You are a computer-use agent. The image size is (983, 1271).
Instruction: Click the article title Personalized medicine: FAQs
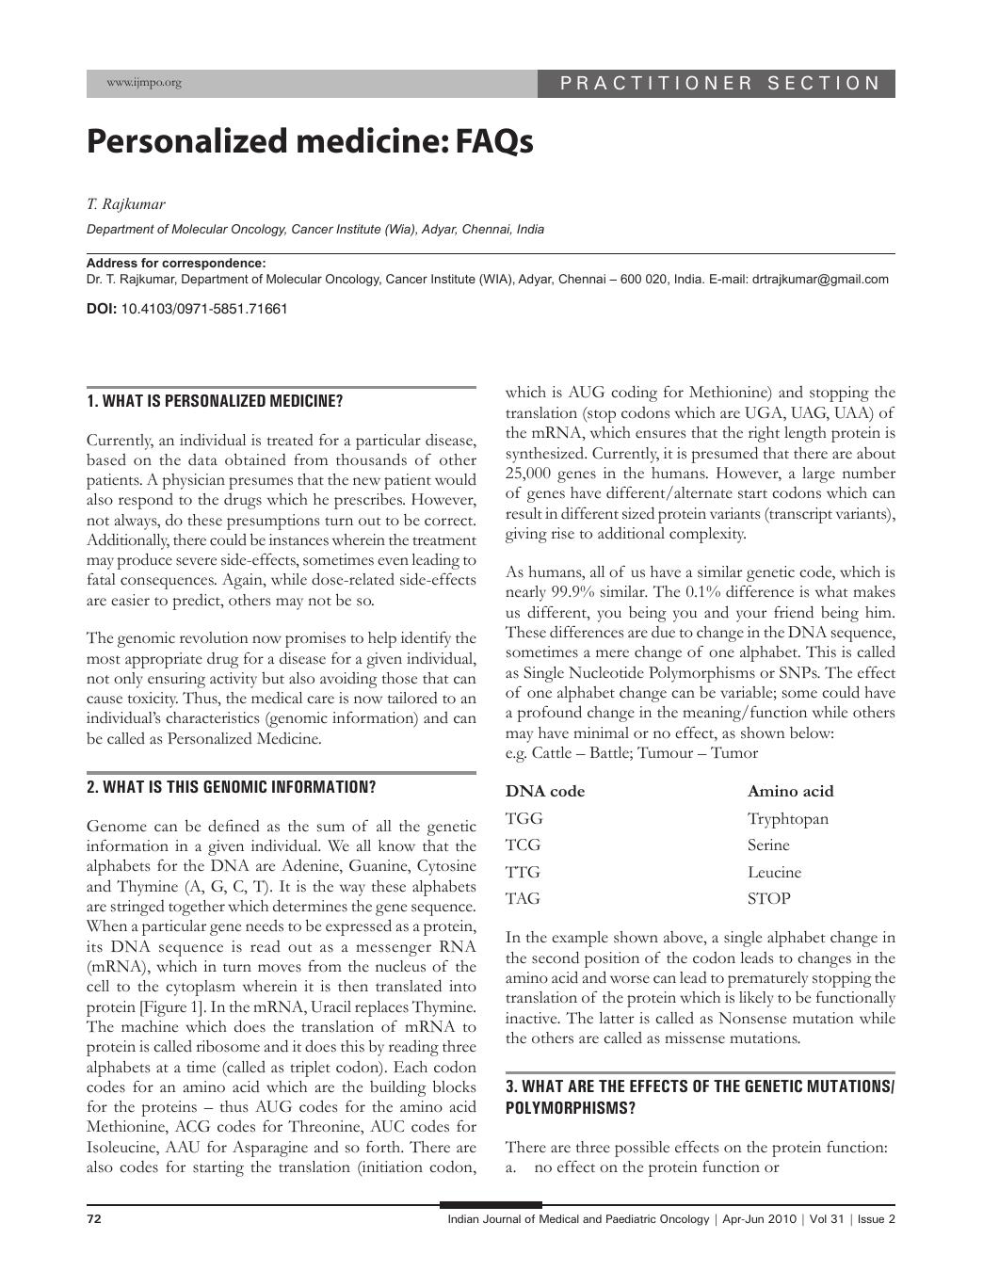(x=310, y=142)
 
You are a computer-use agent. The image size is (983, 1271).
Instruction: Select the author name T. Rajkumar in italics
(x=126, y=204)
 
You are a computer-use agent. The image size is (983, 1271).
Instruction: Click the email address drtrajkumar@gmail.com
(x=820, y=280)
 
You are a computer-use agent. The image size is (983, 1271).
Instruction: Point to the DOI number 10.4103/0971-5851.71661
(x=204, y=309)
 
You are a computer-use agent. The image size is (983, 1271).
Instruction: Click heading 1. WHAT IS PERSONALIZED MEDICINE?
(x=215, y=402)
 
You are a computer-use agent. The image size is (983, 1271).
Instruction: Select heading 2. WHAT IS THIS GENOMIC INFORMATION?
(x=231, y=788)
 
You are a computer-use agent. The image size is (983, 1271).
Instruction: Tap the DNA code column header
(x=545, y=792)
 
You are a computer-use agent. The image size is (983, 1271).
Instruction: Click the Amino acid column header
(x=790, y=792)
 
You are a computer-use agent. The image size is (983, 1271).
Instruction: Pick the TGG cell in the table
(x=524, y=819)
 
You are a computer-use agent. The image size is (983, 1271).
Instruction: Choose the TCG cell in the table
(x=523, y=845)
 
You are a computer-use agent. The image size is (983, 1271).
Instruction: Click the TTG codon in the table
(x=523, y=873)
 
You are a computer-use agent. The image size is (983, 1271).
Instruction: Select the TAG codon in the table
(x=523, y=899)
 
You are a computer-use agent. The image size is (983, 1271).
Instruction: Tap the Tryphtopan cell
(x=788, y=819)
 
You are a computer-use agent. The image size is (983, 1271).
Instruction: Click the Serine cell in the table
(x=768, y=845)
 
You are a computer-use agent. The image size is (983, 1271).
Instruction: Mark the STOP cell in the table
(x=768, y=899)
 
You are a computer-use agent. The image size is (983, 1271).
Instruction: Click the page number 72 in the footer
(x=94, y=1219)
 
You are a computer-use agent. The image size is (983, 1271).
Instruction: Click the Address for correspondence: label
(x=176, y=264)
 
